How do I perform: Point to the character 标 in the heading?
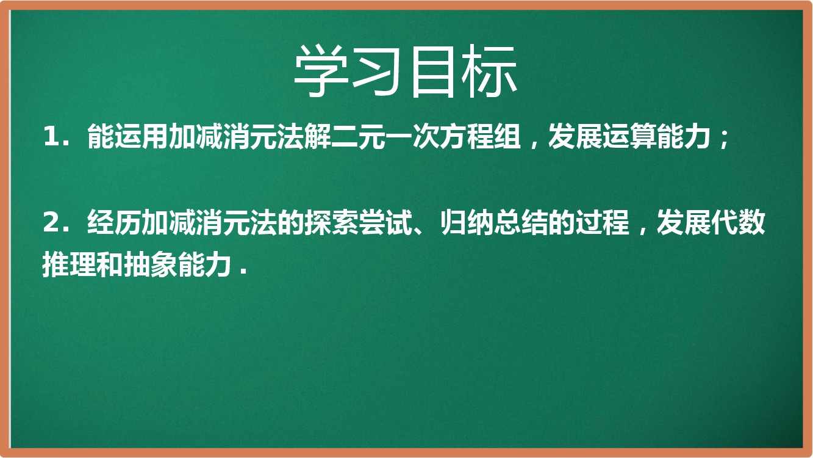489,71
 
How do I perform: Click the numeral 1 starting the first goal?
50,137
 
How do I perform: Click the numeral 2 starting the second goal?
51,222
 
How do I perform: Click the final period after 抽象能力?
243,271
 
